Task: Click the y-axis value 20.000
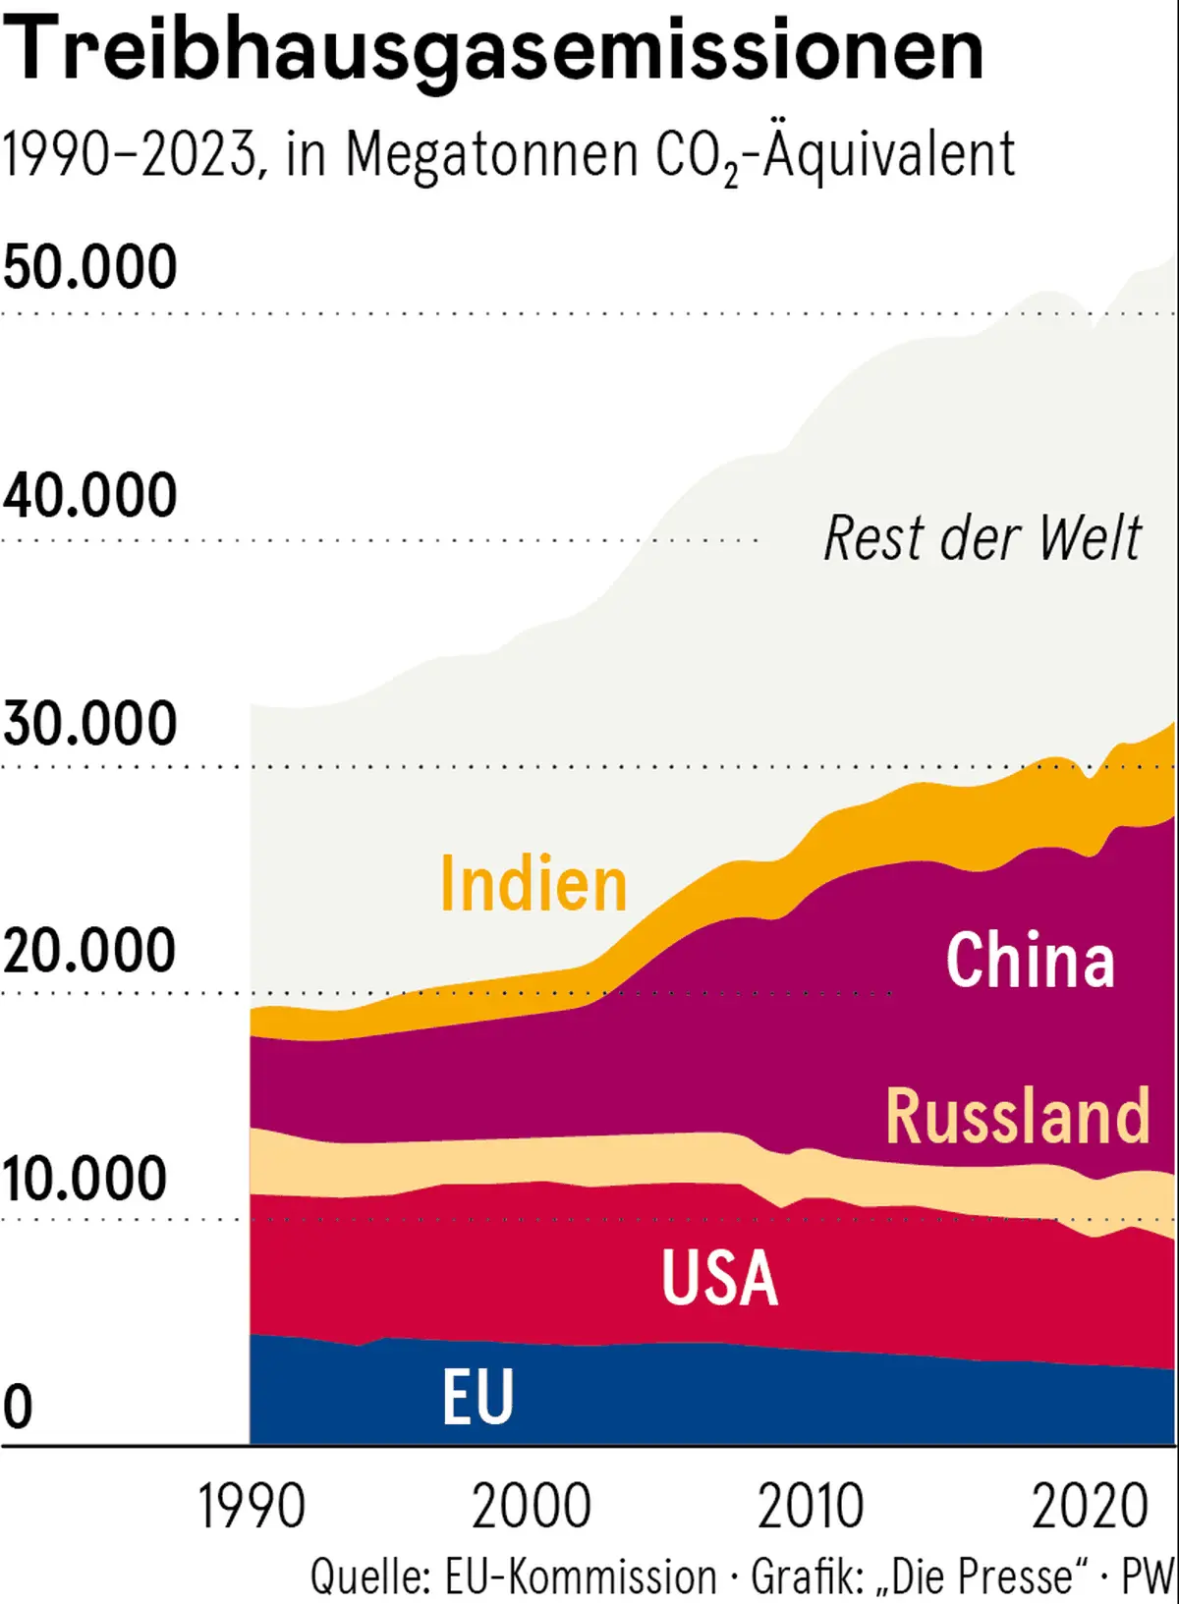tap(89, 950)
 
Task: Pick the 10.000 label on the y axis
tap(84, 1178)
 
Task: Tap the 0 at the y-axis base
tap(18, 1407)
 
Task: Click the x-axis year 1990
tap(252, 1506)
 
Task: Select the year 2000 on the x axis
tap(532, 1506)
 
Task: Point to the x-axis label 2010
tap(811, 1506)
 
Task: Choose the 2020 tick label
tap(1090, 1506)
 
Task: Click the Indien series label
tap(533, 884)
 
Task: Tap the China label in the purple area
tap(1030, 960)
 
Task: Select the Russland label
tap(1018, 1116)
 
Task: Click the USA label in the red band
tap(719, 1278)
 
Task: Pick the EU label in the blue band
tap(477, 1397)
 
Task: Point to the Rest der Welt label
tap(982, 538)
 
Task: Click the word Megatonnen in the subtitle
tap(491, 155)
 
